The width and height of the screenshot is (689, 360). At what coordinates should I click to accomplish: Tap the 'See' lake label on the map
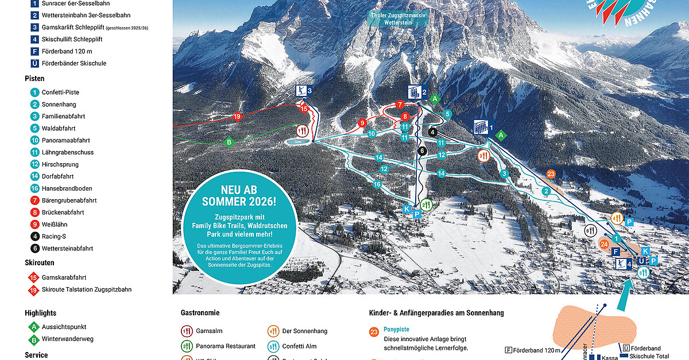tap(298, 141)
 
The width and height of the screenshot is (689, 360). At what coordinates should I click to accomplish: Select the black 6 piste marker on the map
tap(423, 151)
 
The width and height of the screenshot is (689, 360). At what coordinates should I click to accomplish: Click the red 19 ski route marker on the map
tap(237, 117)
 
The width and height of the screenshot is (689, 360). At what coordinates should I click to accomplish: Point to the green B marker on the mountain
tap(229, 142)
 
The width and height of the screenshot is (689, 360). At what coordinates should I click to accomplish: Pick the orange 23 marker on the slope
tap(551, 174)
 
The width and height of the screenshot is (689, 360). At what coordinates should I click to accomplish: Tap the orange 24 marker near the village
tap(604, 244)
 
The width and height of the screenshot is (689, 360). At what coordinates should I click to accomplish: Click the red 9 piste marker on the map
tap(362, 123)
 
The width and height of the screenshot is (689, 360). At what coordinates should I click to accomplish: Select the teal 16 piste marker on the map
tap(377, 184)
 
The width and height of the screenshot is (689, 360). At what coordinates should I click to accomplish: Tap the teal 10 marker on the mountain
tap(372, 134)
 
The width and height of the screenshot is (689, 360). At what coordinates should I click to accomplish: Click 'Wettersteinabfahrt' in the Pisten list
tap(67, 249)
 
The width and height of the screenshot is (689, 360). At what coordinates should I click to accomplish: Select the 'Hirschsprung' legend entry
tap(61, 164)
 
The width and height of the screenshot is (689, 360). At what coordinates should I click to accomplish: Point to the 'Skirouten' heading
tap(40, 262)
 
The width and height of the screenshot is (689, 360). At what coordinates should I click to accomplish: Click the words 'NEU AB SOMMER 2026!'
tap(240, 196)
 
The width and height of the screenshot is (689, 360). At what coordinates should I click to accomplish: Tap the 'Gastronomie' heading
tap(200, 313)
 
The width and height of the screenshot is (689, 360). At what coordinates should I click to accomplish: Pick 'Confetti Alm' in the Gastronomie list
tap(300, 346)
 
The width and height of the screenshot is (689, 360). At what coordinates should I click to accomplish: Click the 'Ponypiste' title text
tap(397, 330)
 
